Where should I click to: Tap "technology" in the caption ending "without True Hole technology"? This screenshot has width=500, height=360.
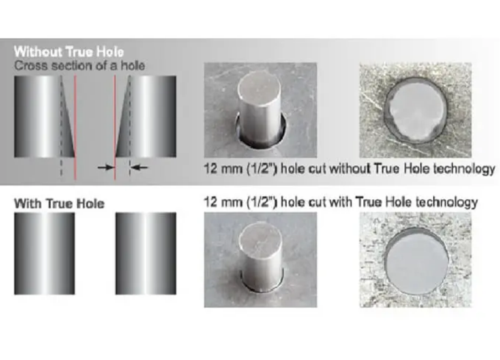[x=468, y=169]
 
